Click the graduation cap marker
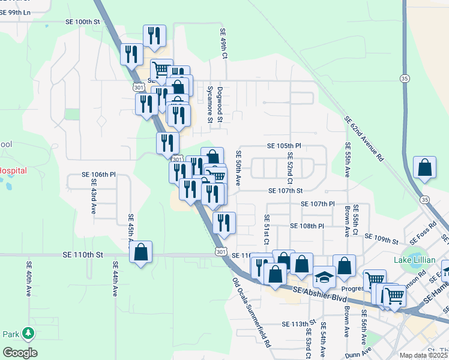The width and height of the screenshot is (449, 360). click(324, 277)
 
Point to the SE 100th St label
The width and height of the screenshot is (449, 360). click(82, 22)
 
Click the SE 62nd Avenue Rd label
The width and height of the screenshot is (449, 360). click(364, 140)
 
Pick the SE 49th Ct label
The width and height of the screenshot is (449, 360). click(223, 43)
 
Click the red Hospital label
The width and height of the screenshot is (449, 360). click(13, 171)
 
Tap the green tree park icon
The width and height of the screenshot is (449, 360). click(28, 332)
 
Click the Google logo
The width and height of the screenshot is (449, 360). click(20, 352)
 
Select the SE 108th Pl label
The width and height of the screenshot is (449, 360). click(307, 226)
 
